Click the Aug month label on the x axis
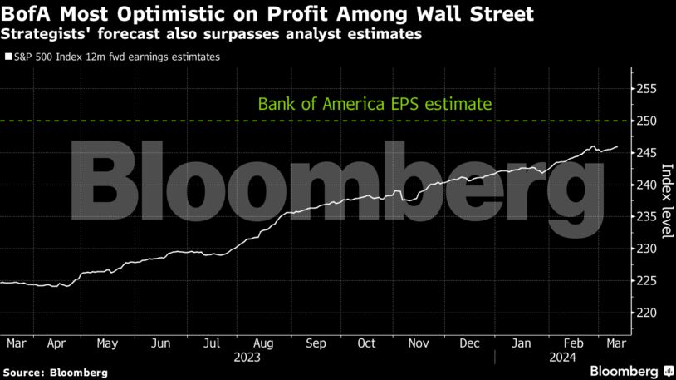tap(263, 343)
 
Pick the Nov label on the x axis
tap(419, 343)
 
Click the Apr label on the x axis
tap(56, 343)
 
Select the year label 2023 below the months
tap(247, 358)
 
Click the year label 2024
tap(562, 358)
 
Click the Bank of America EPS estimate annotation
tap(375, 105)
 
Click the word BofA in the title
tap(28, 15)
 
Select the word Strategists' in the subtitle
tap(41, 35)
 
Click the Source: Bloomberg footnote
tap(55, 373)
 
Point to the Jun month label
tap(161, 343)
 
